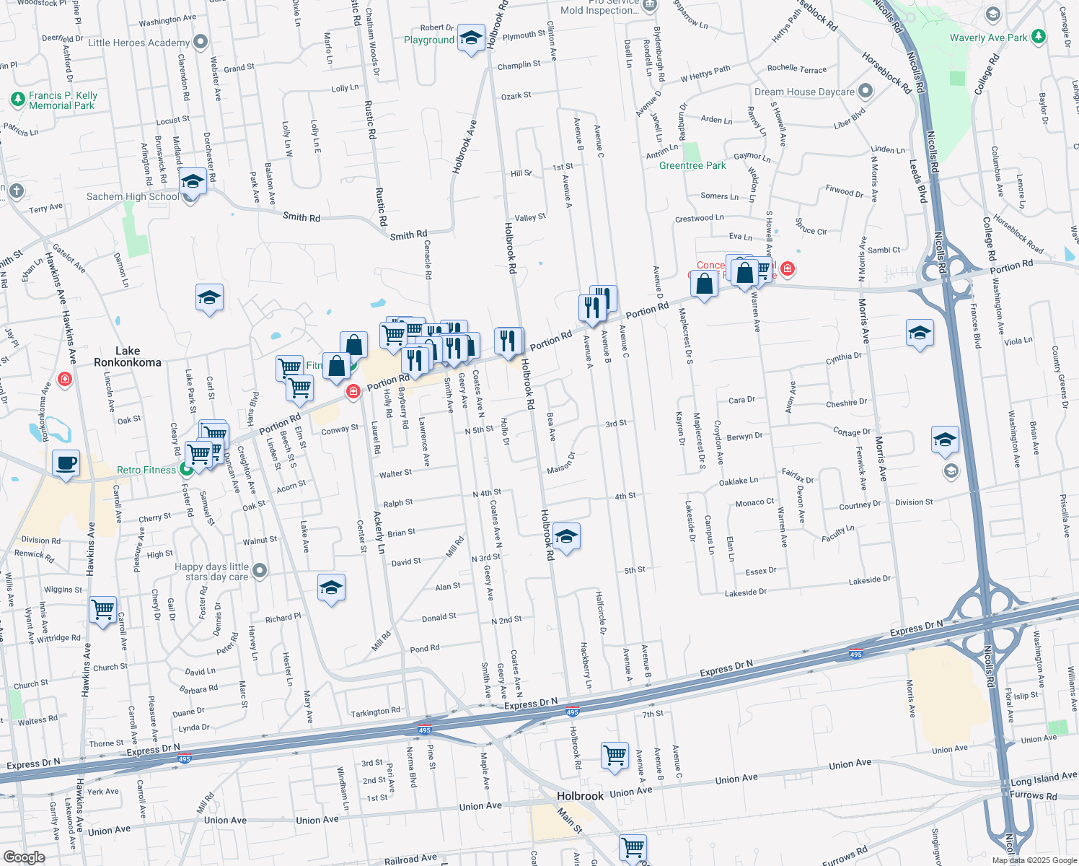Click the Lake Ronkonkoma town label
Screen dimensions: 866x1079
pos(128,357)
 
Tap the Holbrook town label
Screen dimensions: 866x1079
pos(580,796)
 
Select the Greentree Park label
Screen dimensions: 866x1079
pos(692,165)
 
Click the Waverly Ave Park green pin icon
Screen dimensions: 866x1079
pos(1038,36)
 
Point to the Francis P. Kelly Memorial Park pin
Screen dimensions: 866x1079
pos(18,100)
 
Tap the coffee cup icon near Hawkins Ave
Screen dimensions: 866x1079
pos(66,463)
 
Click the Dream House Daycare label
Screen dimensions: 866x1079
pos(804,92)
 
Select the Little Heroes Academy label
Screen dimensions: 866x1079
pos(138,43)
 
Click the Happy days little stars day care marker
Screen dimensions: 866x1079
pos(260,571)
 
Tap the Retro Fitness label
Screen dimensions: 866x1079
pos(146,470)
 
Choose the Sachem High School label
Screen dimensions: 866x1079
pos(133,196)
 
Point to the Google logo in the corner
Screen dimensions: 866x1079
pos(24,857)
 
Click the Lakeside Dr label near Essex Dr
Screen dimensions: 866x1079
pos(869,579)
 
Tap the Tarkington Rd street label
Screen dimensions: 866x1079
pos(375,712)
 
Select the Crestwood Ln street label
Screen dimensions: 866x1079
pos(699,218)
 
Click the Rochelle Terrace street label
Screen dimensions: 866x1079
pos(796,69)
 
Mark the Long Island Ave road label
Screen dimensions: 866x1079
pos(1044,779)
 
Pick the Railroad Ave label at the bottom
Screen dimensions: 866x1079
pos(410,860)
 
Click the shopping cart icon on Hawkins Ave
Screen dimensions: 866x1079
pos(103,610)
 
